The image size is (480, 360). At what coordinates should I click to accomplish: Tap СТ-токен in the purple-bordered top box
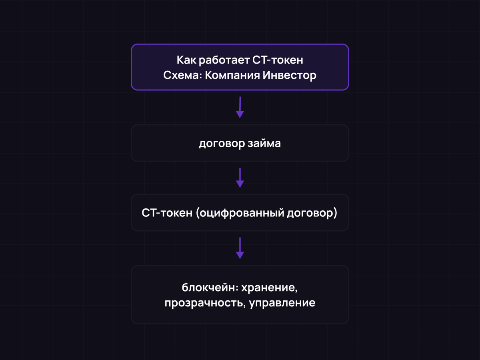(x=278, y=60)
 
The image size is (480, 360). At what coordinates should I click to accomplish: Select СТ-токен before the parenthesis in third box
(x=167, y=213)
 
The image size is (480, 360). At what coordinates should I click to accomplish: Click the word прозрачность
(x=203, y=303)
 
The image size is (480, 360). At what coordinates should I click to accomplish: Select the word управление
(x=282, y=303)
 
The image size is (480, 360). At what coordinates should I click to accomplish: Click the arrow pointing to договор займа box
(x=240, y=107)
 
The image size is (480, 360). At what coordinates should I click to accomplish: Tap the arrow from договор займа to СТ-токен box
(x=240, y=178)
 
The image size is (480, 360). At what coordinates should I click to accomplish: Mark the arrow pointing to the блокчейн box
(x=240, y=248)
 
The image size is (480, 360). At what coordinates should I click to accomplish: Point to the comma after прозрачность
(x=244, y=306)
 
